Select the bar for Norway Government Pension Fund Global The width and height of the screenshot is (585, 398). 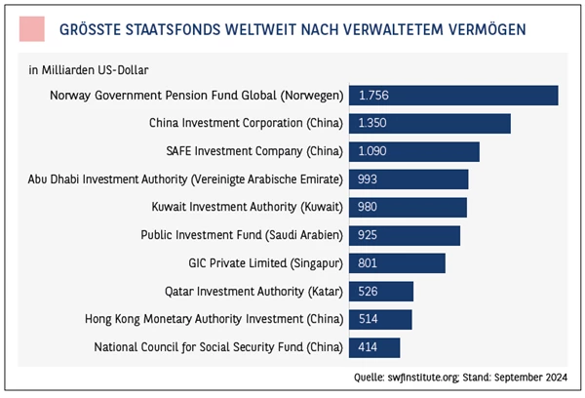click(453, 96)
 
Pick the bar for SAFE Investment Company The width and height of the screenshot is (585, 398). click(413, 151)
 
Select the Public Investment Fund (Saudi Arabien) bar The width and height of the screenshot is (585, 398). click(404, 235)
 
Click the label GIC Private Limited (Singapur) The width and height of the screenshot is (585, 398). click(265, 263)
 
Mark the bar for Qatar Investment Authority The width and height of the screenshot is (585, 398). click(381, 291)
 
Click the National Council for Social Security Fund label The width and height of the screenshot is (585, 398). click(218, 347)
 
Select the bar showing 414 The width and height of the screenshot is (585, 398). click(374, 347)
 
